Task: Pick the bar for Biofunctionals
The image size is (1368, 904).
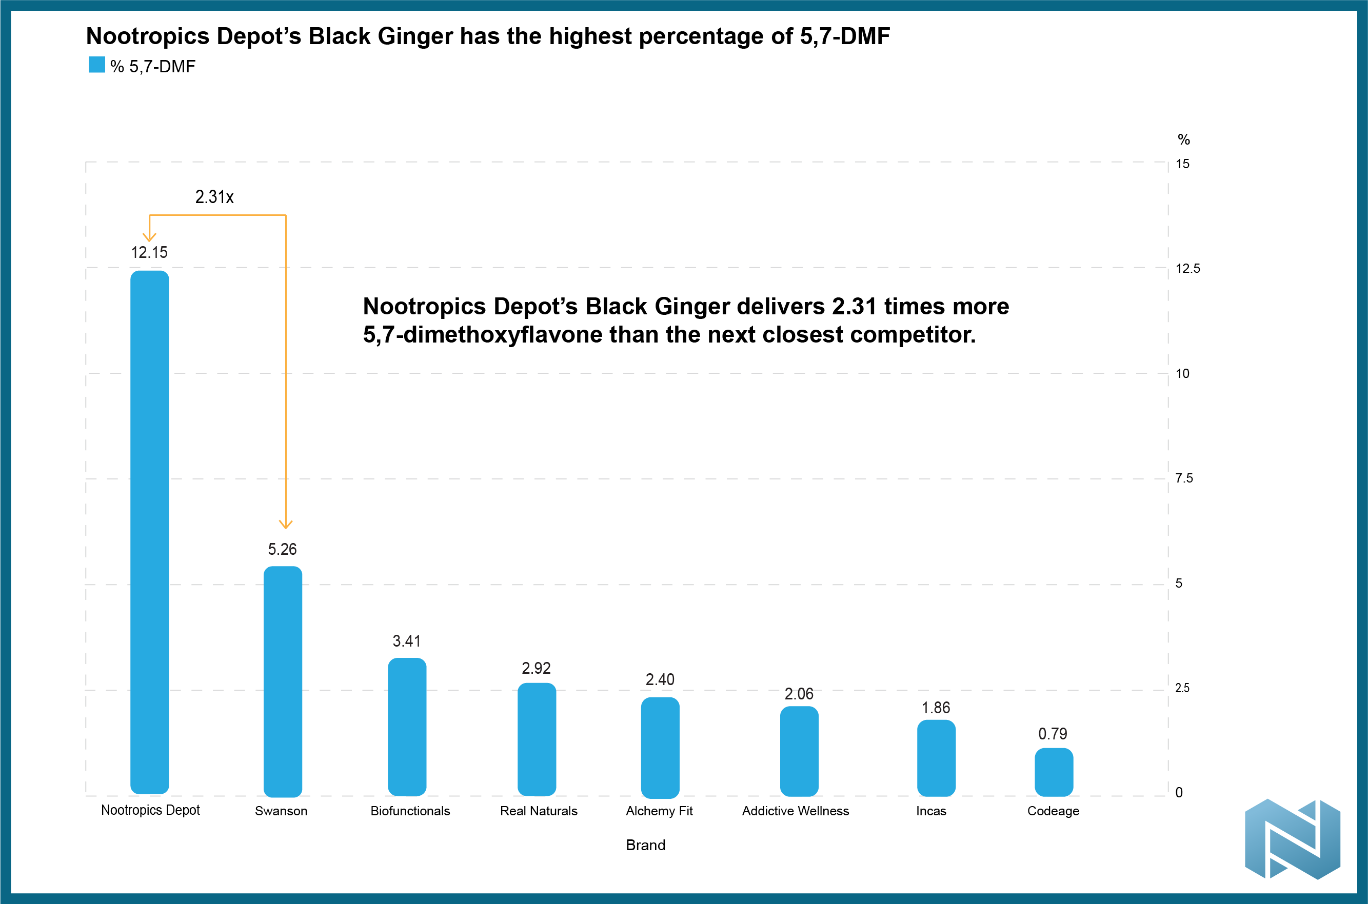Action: pyautogui.click(x=407, y=727)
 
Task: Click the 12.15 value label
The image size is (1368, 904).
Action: pyautogui.click(x=149, y=252)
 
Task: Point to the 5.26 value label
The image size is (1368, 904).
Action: pyautogui.click(x=282, y=549)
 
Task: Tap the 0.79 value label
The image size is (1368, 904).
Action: pyautogui.click(x=1053, y=734)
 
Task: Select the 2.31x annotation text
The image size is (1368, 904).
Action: pyautogui.click(x=214, y=197)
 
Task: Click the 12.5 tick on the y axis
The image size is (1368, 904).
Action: pyautogui.click(x=1187, y=269)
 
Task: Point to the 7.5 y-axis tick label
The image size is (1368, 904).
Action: pyautogui.click(x=1184, y=478)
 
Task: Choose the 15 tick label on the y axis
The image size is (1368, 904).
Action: pyautogui.click(x=1182, y=164)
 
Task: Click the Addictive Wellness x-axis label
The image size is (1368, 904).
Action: pyautogui.click(x=796, y=811)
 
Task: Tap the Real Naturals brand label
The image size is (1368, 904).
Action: pyautogui.click(x=539, y=811)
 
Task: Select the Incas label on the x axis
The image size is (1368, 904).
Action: pyautogui.click(x=931, y=811)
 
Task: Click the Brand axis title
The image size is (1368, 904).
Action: pyautogui.click(x=645, y=845)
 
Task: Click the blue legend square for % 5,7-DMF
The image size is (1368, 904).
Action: pyautogui.click(x=97, y=65)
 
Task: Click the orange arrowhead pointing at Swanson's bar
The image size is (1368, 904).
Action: pyautogui.click(x=286, y=524)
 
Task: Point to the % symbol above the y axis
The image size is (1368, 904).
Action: pyautogui.click(x=1183, y=139)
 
